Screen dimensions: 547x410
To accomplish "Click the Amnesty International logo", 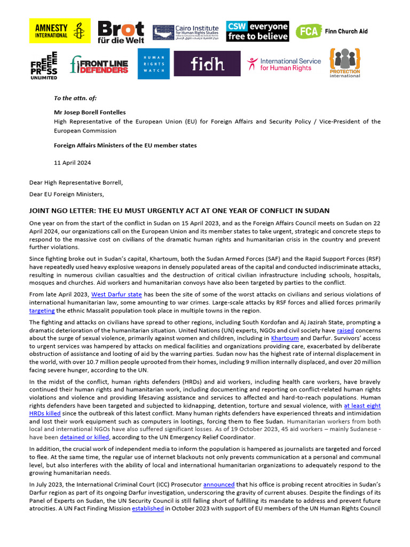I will pyautogui.click(x=59, y=31).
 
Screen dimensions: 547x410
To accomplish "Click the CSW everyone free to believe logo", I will pyautogui.click(x=257, y=32).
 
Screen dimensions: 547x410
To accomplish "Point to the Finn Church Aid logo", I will pyautogui.click(x=332, y=32).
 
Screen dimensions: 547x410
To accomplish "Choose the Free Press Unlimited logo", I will pyautogui.click(x=44, y=65).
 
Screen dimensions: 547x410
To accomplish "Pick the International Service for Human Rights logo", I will pyautogui.click(x=284, y=64).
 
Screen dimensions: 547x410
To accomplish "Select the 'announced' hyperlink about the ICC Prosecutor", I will pyautogui.click(x=218, y=485).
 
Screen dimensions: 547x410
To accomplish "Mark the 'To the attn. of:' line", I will pyautogui.click(x=75, y=98).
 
